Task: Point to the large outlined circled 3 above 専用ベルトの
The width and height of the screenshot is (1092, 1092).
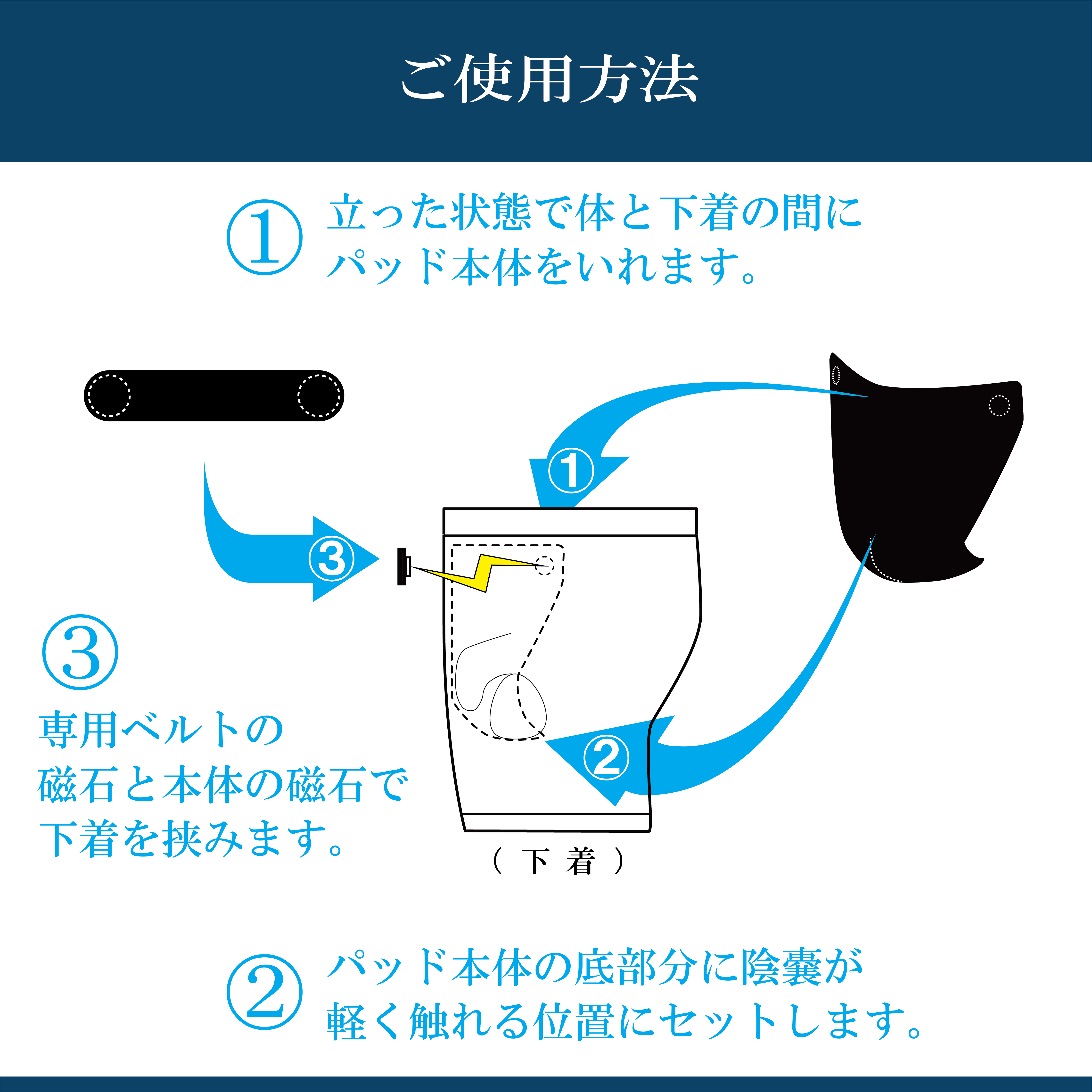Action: point(80,652)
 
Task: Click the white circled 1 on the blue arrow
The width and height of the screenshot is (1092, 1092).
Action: point(571,470)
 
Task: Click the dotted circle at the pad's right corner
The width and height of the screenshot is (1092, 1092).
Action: point(999,405)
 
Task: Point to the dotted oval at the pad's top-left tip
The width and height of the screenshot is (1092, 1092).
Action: point(836,375)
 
